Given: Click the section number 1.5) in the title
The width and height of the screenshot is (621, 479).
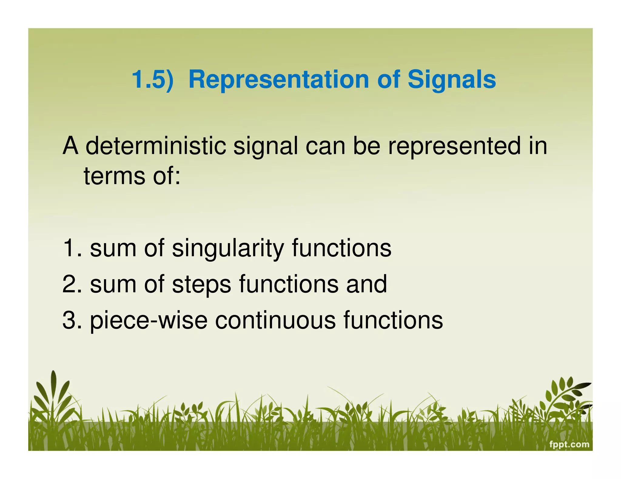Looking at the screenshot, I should (x=153, y=79).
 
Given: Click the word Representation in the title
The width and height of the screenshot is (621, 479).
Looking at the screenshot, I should (x=279, y=79).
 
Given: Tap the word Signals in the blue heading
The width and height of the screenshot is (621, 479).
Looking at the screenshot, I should (x=451, y=79).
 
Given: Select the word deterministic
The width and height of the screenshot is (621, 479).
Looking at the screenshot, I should (x=156, y=146).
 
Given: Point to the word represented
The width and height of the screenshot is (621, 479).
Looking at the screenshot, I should (x=454, y=146).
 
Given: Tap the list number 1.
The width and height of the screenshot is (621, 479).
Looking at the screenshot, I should (x=72, y=248).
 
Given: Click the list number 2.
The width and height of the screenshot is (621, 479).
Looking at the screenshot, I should (x=72, y=284).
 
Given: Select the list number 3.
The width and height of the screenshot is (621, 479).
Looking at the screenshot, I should (x=72, y=320).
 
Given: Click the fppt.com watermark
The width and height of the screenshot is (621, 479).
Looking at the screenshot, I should (x=569, y=444).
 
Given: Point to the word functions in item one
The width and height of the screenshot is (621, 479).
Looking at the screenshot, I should (x=342, y=248).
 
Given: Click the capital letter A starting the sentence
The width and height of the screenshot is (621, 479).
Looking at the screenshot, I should (x=70, y=146).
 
